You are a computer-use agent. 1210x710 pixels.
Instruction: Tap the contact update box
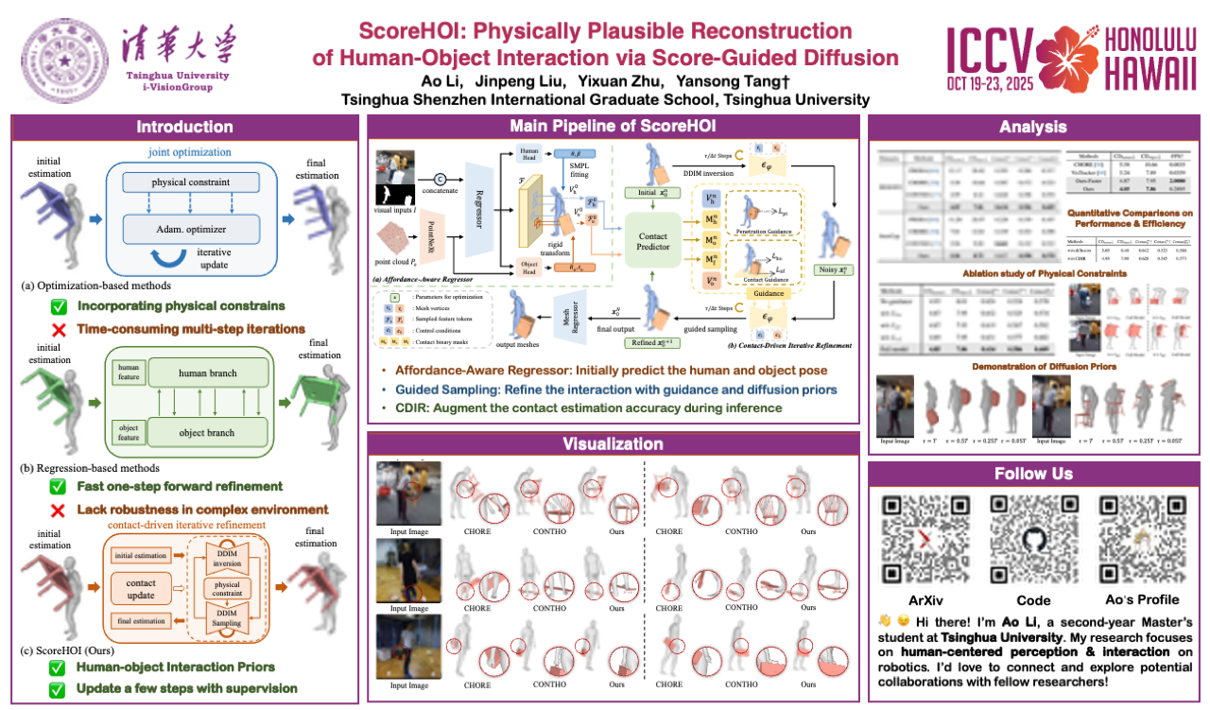pos(141,590)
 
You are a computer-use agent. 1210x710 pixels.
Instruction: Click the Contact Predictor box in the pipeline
pos(652,242)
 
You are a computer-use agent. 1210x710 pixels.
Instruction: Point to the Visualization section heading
pos(614,443)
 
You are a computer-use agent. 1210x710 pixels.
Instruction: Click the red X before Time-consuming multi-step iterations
pos(58,329)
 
